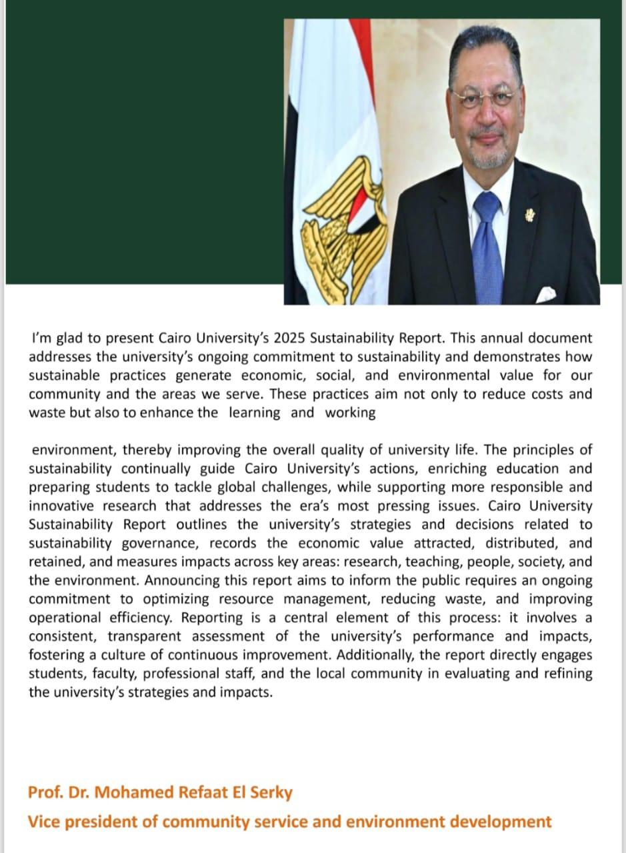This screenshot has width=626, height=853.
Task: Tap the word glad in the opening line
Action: [65, 339]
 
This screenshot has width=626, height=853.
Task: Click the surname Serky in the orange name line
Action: [273, 793]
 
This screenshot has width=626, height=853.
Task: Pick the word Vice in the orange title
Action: [42, 822]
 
